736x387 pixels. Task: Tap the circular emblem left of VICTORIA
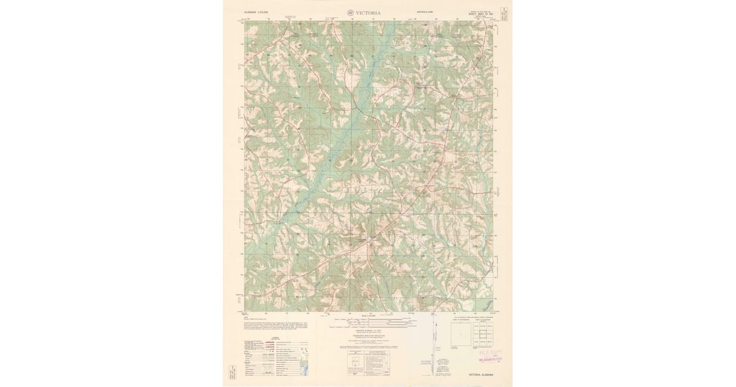tap(351, 12)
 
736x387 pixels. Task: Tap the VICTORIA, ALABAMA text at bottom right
tap(481, 374)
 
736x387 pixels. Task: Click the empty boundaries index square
tap(461, 334)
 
